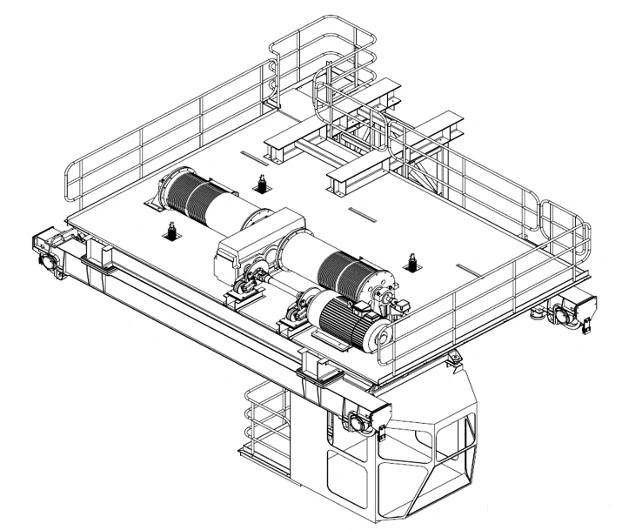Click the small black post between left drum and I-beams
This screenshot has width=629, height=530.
click(260, 184)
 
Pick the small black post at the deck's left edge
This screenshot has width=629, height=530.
click(171, 231)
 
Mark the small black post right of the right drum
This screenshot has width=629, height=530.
click(411, 261)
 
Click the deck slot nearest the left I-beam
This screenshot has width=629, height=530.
click(251, 157)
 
